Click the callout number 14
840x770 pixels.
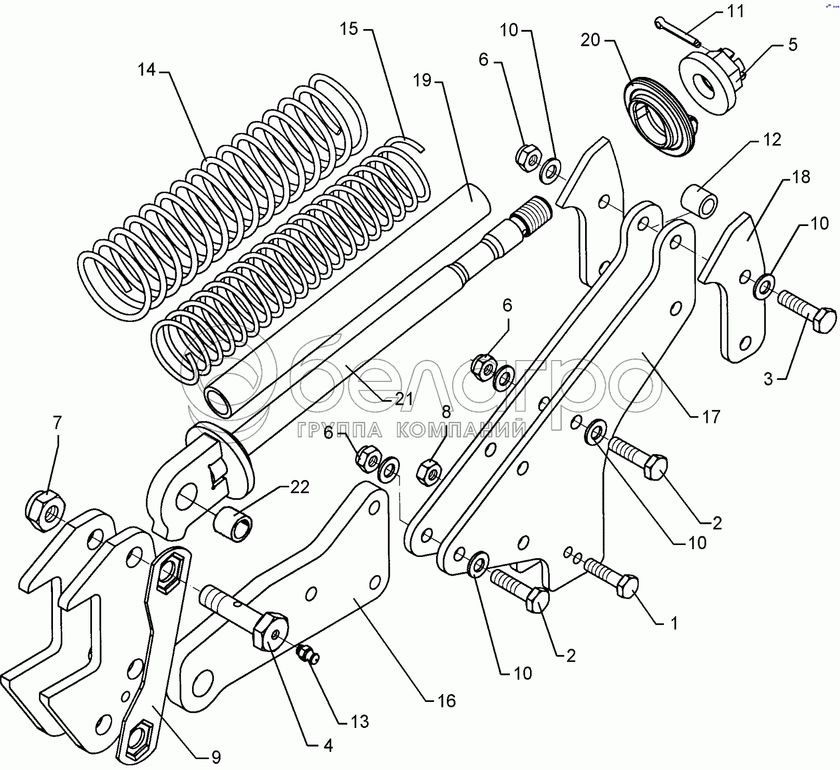(x=147, y=70)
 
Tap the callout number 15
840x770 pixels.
(x=349, y=29)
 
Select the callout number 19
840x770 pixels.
(x=423, y=81)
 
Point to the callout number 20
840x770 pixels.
(x=590, y=40)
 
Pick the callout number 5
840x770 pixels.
(x=792, y=45)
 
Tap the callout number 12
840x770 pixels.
(x=771, y=140)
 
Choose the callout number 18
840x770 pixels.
(x=801, y=177)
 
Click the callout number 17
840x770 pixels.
(x=711, y=417)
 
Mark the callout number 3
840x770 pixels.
(x=768, y=379)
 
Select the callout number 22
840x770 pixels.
(x=300, y=487)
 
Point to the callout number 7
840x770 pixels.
(x=57, y=423)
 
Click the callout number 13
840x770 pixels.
(x=359, y=722)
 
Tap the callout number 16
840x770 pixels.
(x=446, y=701)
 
